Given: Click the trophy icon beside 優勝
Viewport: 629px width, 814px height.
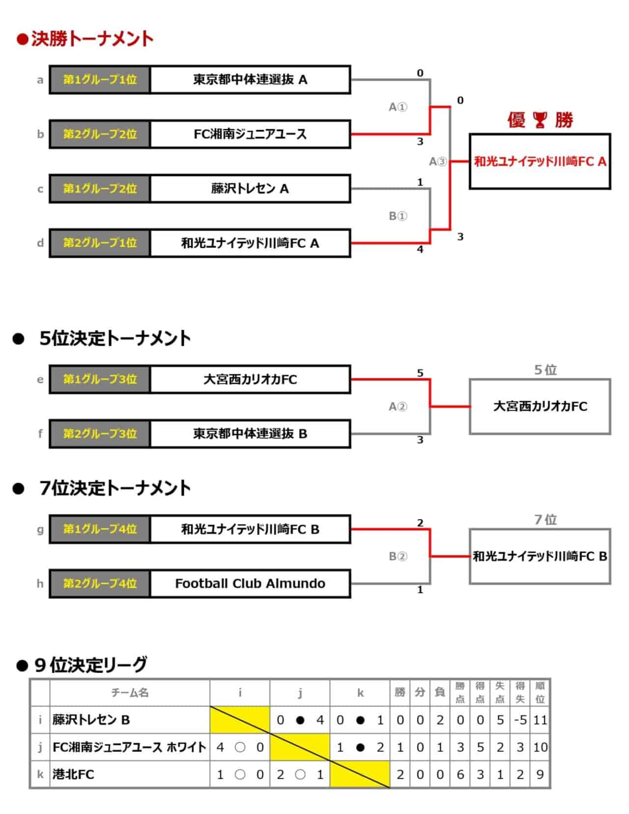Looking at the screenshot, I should pyautogui.click(x=540, y=119).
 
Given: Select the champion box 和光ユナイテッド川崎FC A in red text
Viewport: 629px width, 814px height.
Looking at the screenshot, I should pyautogui.click(x=540, y=161).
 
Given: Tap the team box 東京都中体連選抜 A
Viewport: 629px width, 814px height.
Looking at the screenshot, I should pyautogui.click(x=250, y=80).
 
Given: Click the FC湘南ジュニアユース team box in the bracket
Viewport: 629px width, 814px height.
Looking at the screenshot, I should pyautogui.click(x=250, y=134).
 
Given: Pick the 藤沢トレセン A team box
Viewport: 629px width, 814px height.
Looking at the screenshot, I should pyautogui.click(x=250, y=189).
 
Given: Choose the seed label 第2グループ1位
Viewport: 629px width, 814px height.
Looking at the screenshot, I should pyautogui.click(x=100, y=243).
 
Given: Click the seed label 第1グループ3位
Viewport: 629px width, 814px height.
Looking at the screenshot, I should pyautogui.click(x=100, y=379).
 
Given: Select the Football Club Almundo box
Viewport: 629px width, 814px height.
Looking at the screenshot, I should pyautogui.click(x=250, y=583).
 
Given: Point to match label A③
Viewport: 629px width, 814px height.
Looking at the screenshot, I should pyautogui.click(x=438, y=162).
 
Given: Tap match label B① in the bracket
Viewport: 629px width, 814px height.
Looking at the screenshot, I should pyautogui.click(x=398, y=216).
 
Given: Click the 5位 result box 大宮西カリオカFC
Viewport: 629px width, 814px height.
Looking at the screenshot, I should pyautogui.click(x=540, y=407).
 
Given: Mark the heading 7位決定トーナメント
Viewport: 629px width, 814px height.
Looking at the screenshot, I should pyautogui.click(x=114, y=488).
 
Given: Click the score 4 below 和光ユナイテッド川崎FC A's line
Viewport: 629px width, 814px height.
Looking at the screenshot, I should pyautogui.click(x=420, y=250).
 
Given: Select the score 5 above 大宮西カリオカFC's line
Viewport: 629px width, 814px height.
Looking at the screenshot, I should pyautogui.click(x=420, y=373).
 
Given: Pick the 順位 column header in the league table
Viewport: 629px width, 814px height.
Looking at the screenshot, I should pyautogui.click(x=540, y=693).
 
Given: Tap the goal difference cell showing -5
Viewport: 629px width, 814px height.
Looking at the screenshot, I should pyautogui.click(x=520, y=720).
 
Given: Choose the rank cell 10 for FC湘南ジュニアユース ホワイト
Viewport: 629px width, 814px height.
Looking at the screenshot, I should pyautogui.click(x=540, y=748).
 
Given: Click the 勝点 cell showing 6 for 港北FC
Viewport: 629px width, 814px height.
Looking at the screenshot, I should pyautogui.click(x=460, y=775).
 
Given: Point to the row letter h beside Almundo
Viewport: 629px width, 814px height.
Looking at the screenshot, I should pyautogui.click(x=40, y=583).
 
